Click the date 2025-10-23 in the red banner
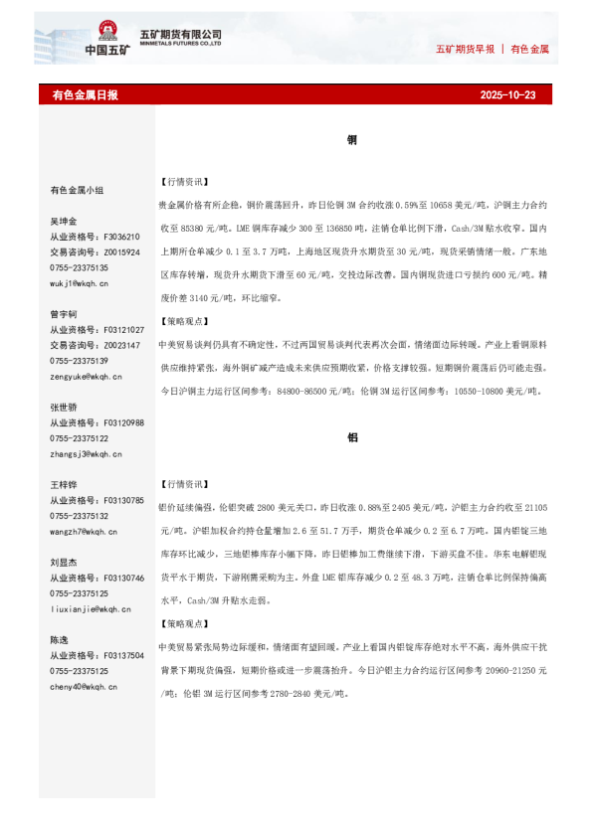tap(507, 95)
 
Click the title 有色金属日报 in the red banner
tap(85, 95)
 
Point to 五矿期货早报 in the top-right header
tap(466, 49)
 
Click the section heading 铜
tap(352, 141)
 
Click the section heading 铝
tap(352, 437)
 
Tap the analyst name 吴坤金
tap(64, 221)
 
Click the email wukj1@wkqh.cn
tap(81, 283)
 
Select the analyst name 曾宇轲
tap(64, 314)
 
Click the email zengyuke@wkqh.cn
tap(86, 377)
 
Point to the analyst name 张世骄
tap(64, 408)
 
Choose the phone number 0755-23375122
tap(80, 438)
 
